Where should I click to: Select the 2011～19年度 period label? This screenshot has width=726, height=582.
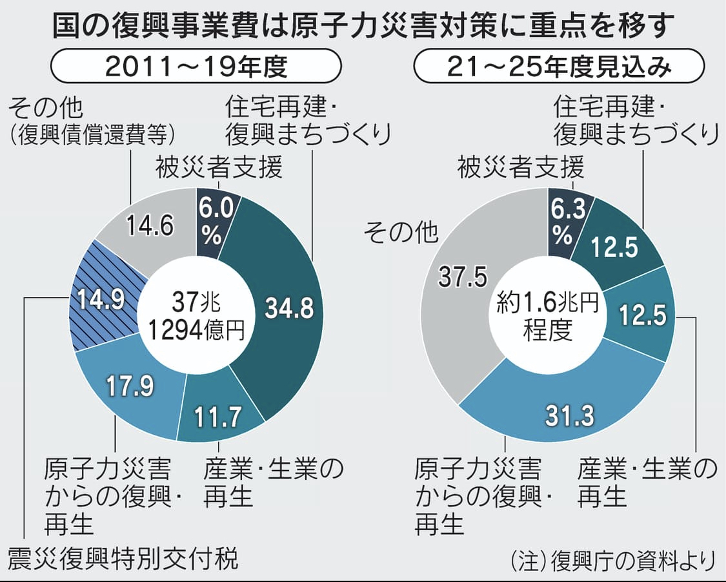[x=196, y=67]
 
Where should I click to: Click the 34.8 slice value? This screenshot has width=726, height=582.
[x=288, y=308]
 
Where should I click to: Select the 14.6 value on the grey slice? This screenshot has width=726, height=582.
[x=150, y=227]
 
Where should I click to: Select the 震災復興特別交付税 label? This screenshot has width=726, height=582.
[x=123, y=557]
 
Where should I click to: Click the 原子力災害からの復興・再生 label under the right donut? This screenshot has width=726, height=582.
[x=483, y=495]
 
